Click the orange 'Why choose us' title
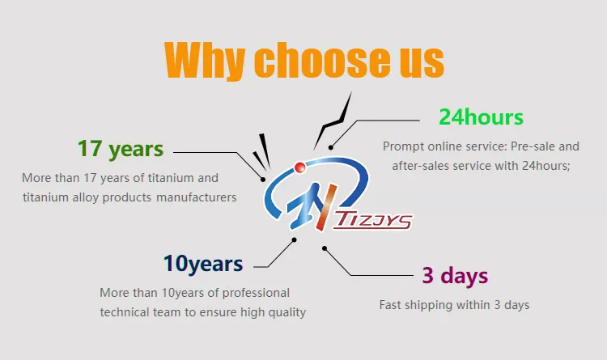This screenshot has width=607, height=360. pos(303,60)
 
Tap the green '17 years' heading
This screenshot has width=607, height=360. pos(121,149)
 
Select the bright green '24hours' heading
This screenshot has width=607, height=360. pos(481,117)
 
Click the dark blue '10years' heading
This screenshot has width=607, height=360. pos(203,264)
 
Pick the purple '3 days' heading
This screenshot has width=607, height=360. pos(455,276)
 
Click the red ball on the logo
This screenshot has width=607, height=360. pos(299,167)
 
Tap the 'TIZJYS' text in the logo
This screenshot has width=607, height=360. pos(373,221)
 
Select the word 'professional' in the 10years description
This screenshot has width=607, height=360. pos(256,293)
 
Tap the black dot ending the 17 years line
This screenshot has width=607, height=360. pos(263,180)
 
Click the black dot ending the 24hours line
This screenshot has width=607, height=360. pos(330,147)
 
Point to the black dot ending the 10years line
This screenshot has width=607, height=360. pos(295,240)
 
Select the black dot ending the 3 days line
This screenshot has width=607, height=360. pos(325,248)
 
